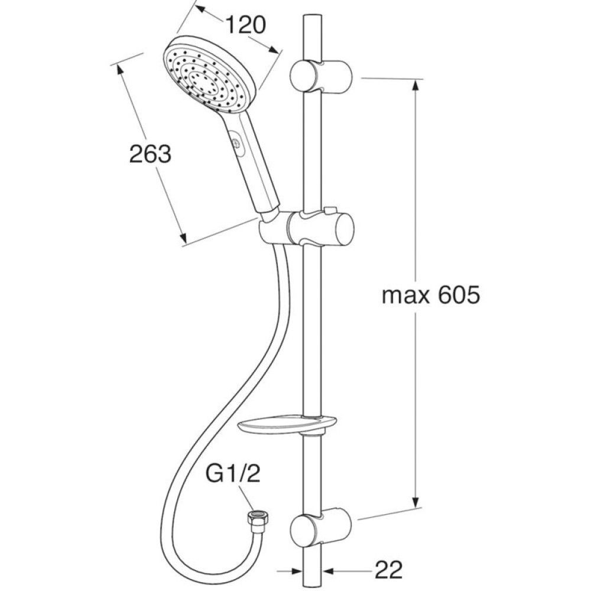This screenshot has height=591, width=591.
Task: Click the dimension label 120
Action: tap(245, 25)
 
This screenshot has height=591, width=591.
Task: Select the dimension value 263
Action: tap(150, 154)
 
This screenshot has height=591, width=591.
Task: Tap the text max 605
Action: tap(431, 295)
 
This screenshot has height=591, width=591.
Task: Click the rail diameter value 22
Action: tap(389, 570)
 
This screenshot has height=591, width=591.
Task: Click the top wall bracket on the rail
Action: tap(322, 76)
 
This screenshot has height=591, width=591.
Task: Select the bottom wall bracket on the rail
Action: tap(322, 530)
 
